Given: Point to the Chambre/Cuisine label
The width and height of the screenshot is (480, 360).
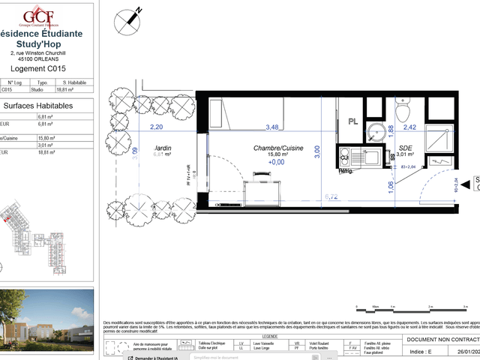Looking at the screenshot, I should click(x=277, y=149).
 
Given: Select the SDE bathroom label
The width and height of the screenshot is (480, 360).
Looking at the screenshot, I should click(x=406, y=148).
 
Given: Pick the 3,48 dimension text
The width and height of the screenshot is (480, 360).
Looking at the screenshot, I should click(x=271, y=127).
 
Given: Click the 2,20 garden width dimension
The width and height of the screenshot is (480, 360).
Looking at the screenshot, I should click(x=156, y=127).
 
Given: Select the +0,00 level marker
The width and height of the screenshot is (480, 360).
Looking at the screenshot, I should click(x=277, y=162).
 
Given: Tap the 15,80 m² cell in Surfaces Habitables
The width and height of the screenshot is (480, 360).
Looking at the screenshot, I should click(x=46, y=139).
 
